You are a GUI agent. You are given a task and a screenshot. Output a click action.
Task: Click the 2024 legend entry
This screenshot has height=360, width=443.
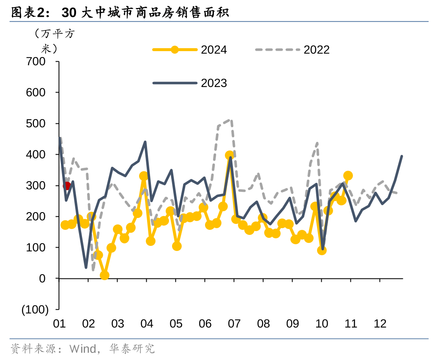tap(190, 50)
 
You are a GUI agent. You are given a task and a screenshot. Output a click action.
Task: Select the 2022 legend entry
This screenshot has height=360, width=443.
tap(293, 50)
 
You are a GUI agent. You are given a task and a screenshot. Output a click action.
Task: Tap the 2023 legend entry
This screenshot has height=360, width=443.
tap(190, 83)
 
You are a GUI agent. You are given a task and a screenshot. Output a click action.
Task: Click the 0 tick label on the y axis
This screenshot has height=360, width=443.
tap(42, 278)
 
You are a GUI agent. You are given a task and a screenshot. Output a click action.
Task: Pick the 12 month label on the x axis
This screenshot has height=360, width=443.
tap(380, 324)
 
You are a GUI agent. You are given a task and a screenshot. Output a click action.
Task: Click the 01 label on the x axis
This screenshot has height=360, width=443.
tap(59, 324)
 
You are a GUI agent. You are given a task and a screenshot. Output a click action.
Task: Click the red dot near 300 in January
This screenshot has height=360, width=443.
tap(66, 186)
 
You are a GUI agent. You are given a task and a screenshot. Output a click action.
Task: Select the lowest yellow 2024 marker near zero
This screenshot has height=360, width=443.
tap(104, 275)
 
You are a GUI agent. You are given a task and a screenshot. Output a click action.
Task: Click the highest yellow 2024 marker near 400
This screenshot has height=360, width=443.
tap(230, 155)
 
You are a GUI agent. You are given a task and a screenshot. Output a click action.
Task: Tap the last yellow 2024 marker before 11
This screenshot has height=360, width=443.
tap(348, 176)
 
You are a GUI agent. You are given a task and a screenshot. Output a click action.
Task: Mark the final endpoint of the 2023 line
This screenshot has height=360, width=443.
tap(402, 156)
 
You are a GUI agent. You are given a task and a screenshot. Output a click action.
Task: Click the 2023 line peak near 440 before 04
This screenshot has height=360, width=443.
tap(145, 142)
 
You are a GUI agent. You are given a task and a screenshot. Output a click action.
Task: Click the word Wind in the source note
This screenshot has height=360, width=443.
tap(82, 349)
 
